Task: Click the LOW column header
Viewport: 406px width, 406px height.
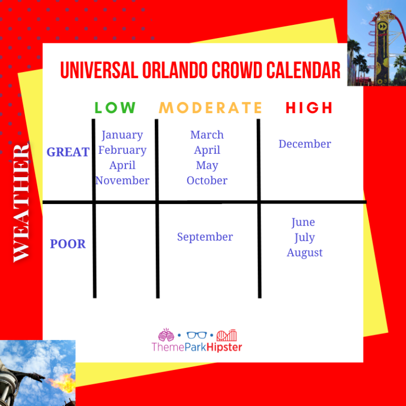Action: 115,108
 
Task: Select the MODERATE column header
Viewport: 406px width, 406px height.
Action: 210,108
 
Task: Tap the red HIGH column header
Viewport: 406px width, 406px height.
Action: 309,108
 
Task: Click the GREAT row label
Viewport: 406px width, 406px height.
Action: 68,152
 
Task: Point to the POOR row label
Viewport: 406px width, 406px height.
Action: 68,244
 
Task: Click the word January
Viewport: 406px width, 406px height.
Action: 122,135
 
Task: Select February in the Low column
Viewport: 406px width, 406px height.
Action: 122,150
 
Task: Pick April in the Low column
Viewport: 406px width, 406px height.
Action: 122,165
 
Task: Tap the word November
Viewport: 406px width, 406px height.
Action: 122,180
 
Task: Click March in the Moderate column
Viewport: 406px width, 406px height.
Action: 207,135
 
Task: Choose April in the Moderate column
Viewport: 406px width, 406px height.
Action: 207,150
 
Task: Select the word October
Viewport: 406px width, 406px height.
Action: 207,180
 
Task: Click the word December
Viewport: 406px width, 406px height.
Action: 304,144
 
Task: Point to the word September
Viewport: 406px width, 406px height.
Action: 205,237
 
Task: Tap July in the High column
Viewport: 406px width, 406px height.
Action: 304,237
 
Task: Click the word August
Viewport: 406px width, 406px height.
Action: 304,253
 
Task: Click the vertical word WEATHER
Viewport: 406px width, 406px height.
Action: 21,202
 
